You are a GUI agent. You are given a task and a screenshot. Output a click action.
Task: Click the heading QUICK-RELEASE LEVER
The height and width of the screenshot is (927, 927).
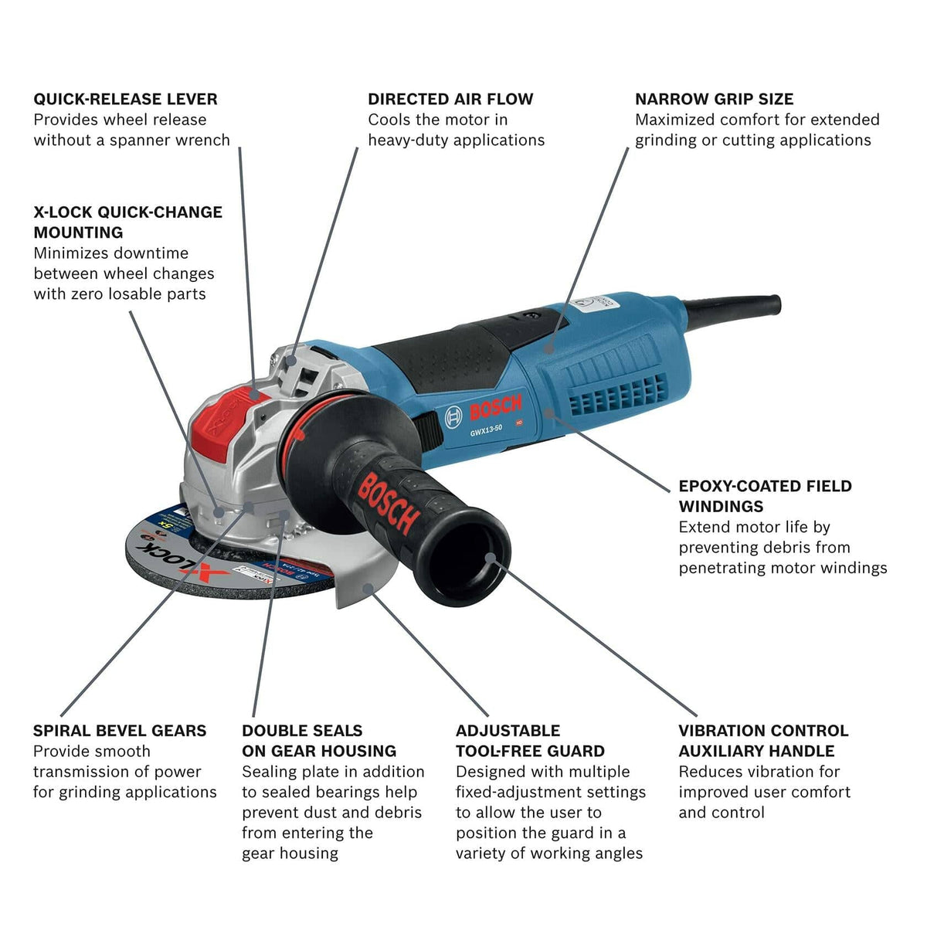[125, 99]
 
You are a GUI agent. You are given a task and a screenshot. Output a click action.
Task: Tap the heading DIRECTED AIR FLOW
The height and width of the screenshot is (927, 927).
[450, 99]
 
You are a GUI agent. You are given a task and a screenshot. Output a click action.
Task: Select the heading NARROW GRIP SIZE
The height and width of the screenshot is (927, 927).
[714, 99]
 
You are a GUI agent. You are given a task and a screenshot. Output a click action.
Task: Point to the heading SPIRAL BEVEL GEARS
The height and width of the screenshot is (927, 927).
[120, 731]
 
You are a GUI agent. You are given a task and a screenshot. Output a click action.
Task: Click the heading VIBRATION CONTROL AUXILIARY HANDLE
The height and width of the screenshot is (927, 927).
[763, 741]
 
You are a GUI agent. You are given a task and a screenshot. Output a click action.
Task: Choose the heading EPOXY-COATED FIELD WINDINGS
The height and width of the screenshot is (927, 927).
[765, 496]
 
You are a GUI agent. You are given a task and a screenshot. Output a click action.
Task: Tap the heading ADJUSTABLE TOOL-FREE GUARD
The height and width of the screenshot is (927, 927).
[530, 741]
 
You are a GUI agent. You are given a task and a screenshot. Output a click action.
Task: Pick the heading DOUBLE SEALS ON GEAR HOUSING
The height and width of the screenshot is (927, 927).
[318, 741]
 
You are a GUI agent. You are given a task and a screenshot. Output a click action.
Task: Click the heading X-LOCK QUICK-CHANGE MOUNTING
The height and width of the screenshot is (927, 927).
[127, 222]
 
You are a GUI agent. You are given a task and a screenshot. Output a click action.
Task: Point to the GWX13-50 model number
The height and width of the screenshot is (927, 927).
[487, 433]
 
